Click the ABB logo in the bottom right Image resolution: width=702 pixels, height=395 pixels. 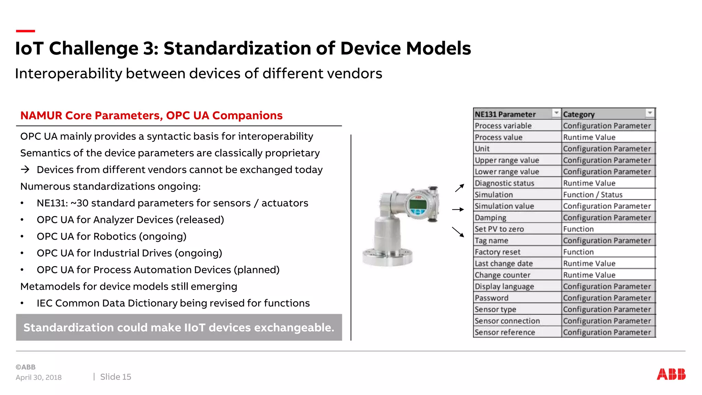point(671,374)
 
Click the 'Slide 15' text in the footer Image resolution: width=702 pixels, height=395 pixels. point(116,377)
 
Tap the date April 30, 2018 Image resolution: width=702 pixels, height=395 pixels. point(39,378)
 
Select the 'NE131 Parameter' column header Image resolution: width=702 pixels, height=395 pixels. point(505,114)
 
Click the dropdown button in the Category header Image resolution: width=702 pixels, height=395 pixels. point(650,113)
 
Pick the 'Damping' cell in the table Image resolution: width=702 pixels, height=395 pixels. point(491,218)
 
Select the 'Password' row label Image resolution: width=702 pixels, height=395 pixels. point(492,298)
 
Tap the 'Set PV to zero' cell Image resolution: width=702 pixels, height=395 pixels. point(499,229)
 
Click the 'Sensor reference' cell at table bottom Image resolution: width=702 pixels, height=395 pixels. point(505,332)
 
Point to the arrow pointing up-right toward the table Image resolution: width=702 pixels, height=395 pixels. point(459,188)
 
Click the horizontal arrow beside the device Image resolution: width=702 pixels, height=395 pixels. point(458,209)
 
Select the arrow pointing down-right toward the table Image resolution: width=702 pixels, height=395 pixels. point(458,232)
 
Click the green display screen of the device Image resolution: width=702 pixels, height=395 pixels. point(418,205)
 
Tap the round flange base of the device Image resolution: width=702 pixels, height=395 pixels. point(388,257)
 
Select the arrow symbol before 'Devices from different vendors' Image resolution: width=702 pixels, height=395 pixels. point(25,169)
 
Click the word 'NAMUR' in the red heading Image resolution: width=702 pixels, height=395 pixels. point(41,116)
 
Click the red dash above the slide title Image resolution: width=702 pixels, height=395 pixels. point(25,31)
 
